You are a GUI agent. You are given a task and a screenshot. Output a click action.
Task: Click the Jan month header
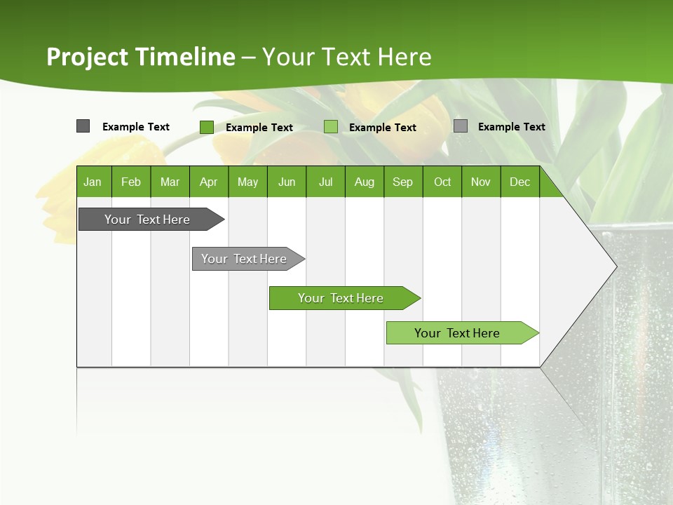point(93,182)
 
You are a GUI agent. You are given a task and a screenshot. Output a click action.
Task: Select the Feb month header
point(131,182)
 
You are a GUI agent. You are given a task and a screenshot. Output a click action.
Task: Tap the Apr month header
point(208,182)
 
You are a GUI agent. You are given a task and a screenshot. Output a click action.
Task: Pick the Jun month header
point(287,182)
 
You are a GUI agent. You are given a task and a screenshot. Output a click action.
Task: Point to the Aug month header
point(364,182)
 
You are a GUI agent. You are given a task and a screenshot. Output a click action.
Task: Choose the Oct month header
point(442,182)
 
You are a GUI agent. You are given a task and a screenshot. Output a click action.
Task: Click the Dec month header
point(519,182)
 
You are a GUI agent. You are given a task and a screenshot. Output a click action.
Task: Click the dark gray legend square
point(83,126)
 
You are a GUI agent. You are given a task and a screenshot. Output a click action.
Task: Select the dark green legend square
point(207,127)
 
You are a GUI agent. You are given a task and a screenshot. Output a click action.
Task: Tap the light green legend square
point(331,127)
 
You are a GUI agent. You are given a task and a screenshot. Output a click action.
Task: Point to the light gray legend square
point(461,126)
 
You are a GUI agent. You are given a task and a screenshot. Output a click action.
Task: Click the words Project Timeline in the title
point(141,57)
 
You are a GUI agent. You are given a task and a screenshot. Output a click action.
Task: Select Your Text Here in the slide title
point(347,57)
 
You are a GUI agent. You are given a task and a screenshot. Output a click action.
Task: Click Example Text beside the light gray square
point(511,127)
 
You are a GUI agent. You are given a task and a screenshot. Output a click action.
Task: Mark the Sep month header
point(402,182)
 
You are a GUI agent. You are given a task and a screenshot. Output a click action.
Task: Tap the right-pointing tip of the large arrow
point(613,267)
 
